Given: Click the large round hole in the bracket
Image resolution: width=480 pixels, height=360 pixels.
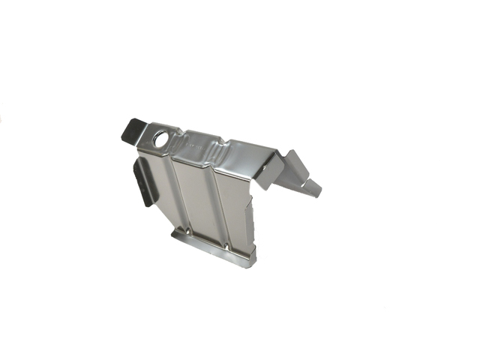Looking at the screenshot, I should coord(160,139).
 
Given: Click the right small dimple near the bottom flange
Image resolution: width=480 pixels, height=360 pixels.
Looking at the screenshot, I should coord(229,245).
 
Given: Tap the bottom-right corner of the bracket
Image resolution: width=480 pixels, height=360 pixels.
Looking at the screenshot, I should coord(253,263).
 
